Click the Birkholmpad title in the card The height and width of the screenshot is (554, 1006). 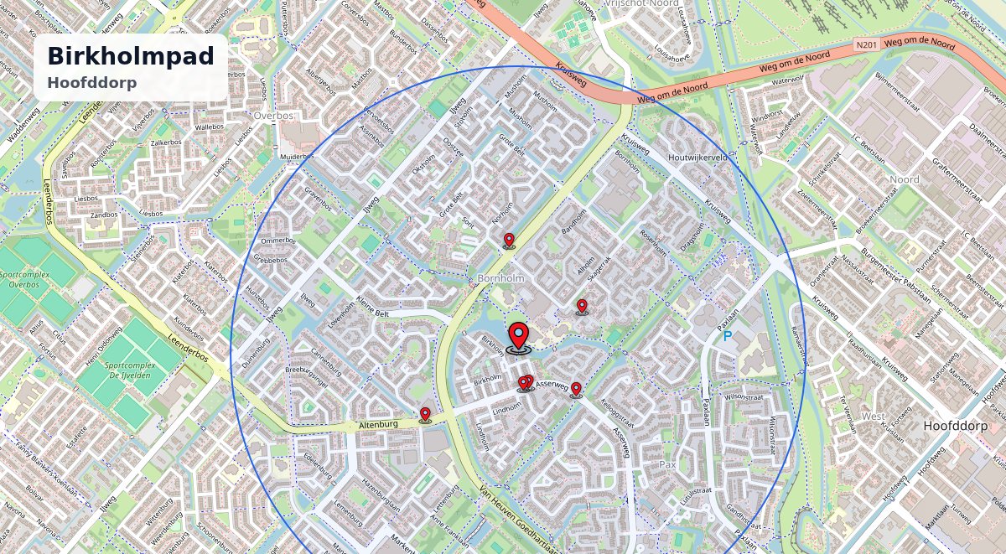pos(130,56)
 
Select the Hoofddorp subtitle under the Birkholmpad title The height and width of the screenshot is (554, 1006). pos(92,82)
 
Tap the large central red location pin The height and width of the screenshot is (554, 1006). pos(519,337)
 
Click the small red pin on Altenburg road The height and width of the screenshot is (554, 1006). pos(425,414)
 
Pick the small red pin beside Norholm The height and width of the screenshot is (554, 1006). pos(509,241)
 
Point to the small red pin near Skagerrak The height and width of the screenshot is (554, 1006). pos(582,306)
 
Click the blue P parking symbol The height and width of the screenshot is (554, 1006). pos(728,336)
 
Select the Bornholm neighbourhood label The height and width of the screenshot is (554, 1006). pos(500,277)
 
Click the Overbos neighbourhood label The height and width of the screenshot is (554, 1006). pos(271,114)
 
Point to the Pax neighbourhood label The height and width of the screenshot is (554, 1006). pos(667,463)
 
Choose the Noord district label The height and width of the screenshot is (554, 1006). pos(904,179)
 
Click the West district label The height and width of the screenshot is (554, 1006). pos(873,416)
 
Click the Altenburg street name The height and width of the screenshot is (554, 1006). pos(377,425)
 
